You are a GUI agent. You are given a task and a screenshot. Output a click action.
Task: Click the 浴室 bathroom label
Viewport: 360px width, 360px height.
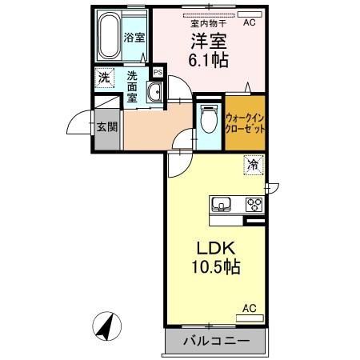(x=133, y=37)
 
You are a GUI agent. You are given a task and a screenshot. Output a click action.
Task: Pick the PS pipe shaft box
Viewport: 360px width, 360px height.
(x=158, y=72)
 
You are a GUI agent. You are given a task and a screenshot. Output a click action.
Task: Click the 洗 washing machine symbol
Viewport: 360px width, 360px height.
(x=104, y=78)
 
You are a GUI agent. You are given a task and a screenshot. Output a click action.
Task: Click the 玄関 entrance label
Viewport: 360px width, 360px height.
(x=106, y=127)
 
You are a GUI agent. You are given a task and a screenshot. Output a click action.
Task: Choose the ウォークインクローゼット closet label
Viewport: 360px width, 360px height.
(x=245, y=123)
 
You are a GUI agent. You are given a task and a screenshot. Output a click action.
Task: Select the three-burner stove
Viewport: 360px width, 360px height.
(x=254, y=203)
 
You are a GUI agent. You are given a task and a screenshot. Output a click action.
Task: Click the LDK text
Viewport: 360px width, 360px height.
(x=207, y=248)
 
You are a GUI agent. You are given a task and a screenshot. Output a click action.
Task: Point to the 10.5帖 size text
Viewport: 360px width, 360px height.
(x=211, y=266)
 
